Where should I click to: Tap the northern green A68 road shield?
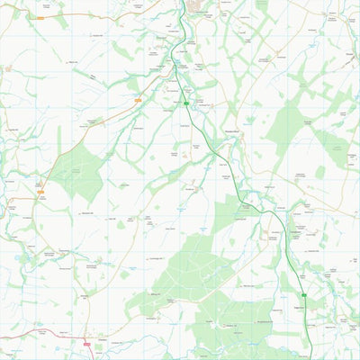point(186,103)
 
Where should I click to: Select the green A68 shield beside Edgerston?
point(304,294)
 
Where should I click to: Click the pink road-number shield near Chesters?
point(86,341)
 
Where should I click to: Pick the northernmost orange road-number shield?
point(40,17)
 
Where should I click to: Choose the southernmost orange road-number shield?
point(40,193)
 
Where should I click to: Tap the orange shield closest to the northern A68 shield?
point(138,101)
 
